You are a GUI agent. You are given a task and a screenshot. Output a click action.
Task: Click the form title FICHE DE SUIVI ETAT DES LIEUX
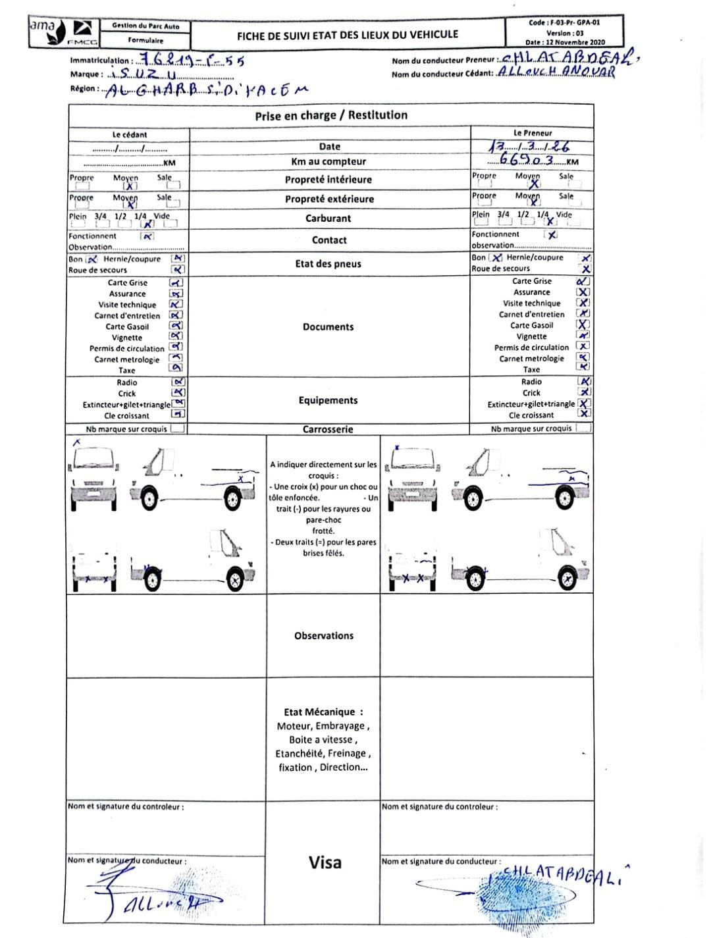point(348,34)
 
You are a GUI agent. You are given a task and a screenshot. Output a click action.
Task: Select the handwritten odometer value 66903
point(527,160)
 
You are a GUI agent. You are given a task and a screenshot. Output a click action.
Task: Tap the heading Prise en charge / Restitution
point(331,115)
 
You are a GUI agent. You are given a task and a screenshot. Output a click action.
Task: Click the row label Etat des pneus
point(328,264)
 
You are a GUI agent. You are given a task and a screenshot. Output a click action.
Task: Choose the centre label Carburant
point(328,219)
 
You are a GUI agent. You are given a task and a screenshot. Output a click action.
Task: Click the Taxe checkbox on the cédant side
point(176,369)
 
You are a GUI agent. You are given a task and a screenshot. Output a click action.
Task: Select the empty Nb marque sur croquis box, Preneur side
point(583,428)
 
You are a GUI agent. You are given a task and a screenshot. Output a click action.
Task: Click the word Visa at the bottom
point(325,862)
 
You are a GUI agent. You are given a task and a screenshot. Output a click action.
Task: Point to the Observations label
point(324,636)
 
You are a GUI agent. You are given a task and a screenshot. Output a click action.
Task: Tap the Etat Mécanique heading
point(323,712)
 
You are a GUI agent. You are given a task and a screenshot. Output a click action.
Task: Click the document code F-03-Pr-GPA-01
point(564,22)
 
